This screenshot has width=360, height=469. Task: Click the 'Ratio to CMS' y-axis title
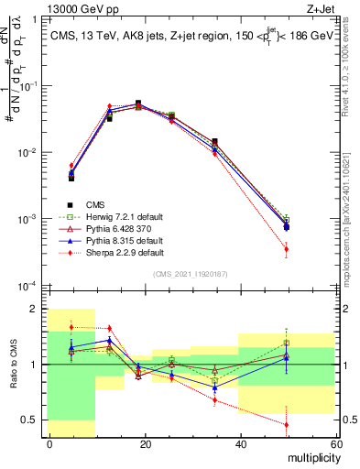tap(14, 366)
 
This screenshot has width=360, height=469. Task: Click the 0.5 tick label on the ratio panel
tap(31, 420)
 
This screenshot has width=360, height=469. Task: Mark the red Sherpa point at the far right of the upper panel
tap(287, 249)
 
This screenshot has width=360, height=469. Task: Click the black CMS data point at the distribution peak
tap(138, 104)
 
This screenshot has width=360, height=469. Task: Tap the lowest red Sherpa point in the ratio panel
tap(287, 424)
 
